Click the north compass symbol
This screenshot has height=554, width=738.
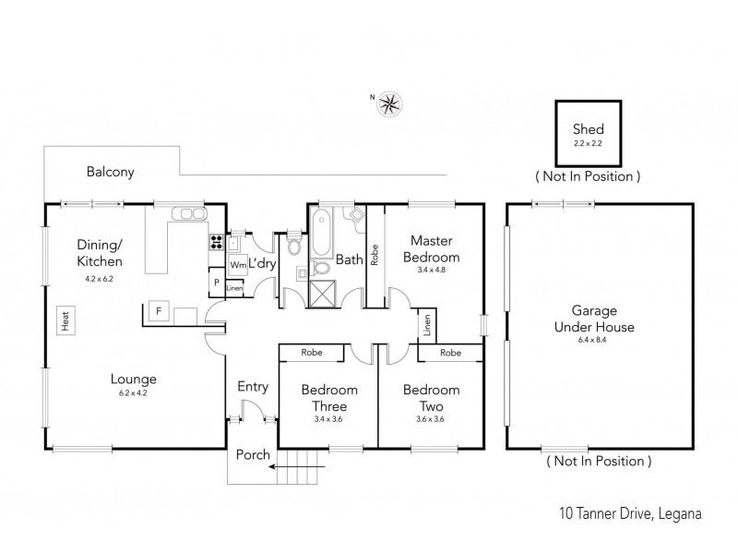point(389,102)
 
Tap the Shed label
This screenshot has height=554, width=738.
point(588,129)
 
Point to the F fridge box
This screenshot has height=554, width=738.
point(159,311)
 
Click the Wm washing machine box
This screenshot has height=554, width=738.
point(237,265)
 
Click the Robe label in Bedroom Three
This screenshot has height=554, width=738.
point(310,353)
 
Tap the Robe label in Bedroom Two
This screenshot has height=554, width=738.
point(450,353)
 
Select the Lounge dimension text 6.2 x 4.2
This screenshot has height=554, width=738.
point(134,393)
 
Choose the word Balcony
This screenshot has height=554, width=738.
point(111,172)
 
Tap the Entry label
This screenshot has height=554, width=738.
point(253,387)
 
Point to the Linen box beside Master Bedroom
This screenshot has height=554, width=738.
point(427,326)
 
